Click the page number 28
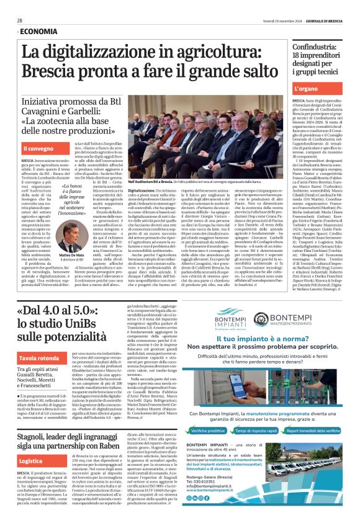(x=20, y=20)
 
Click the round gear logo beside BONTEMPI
(x=261, y=318)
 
